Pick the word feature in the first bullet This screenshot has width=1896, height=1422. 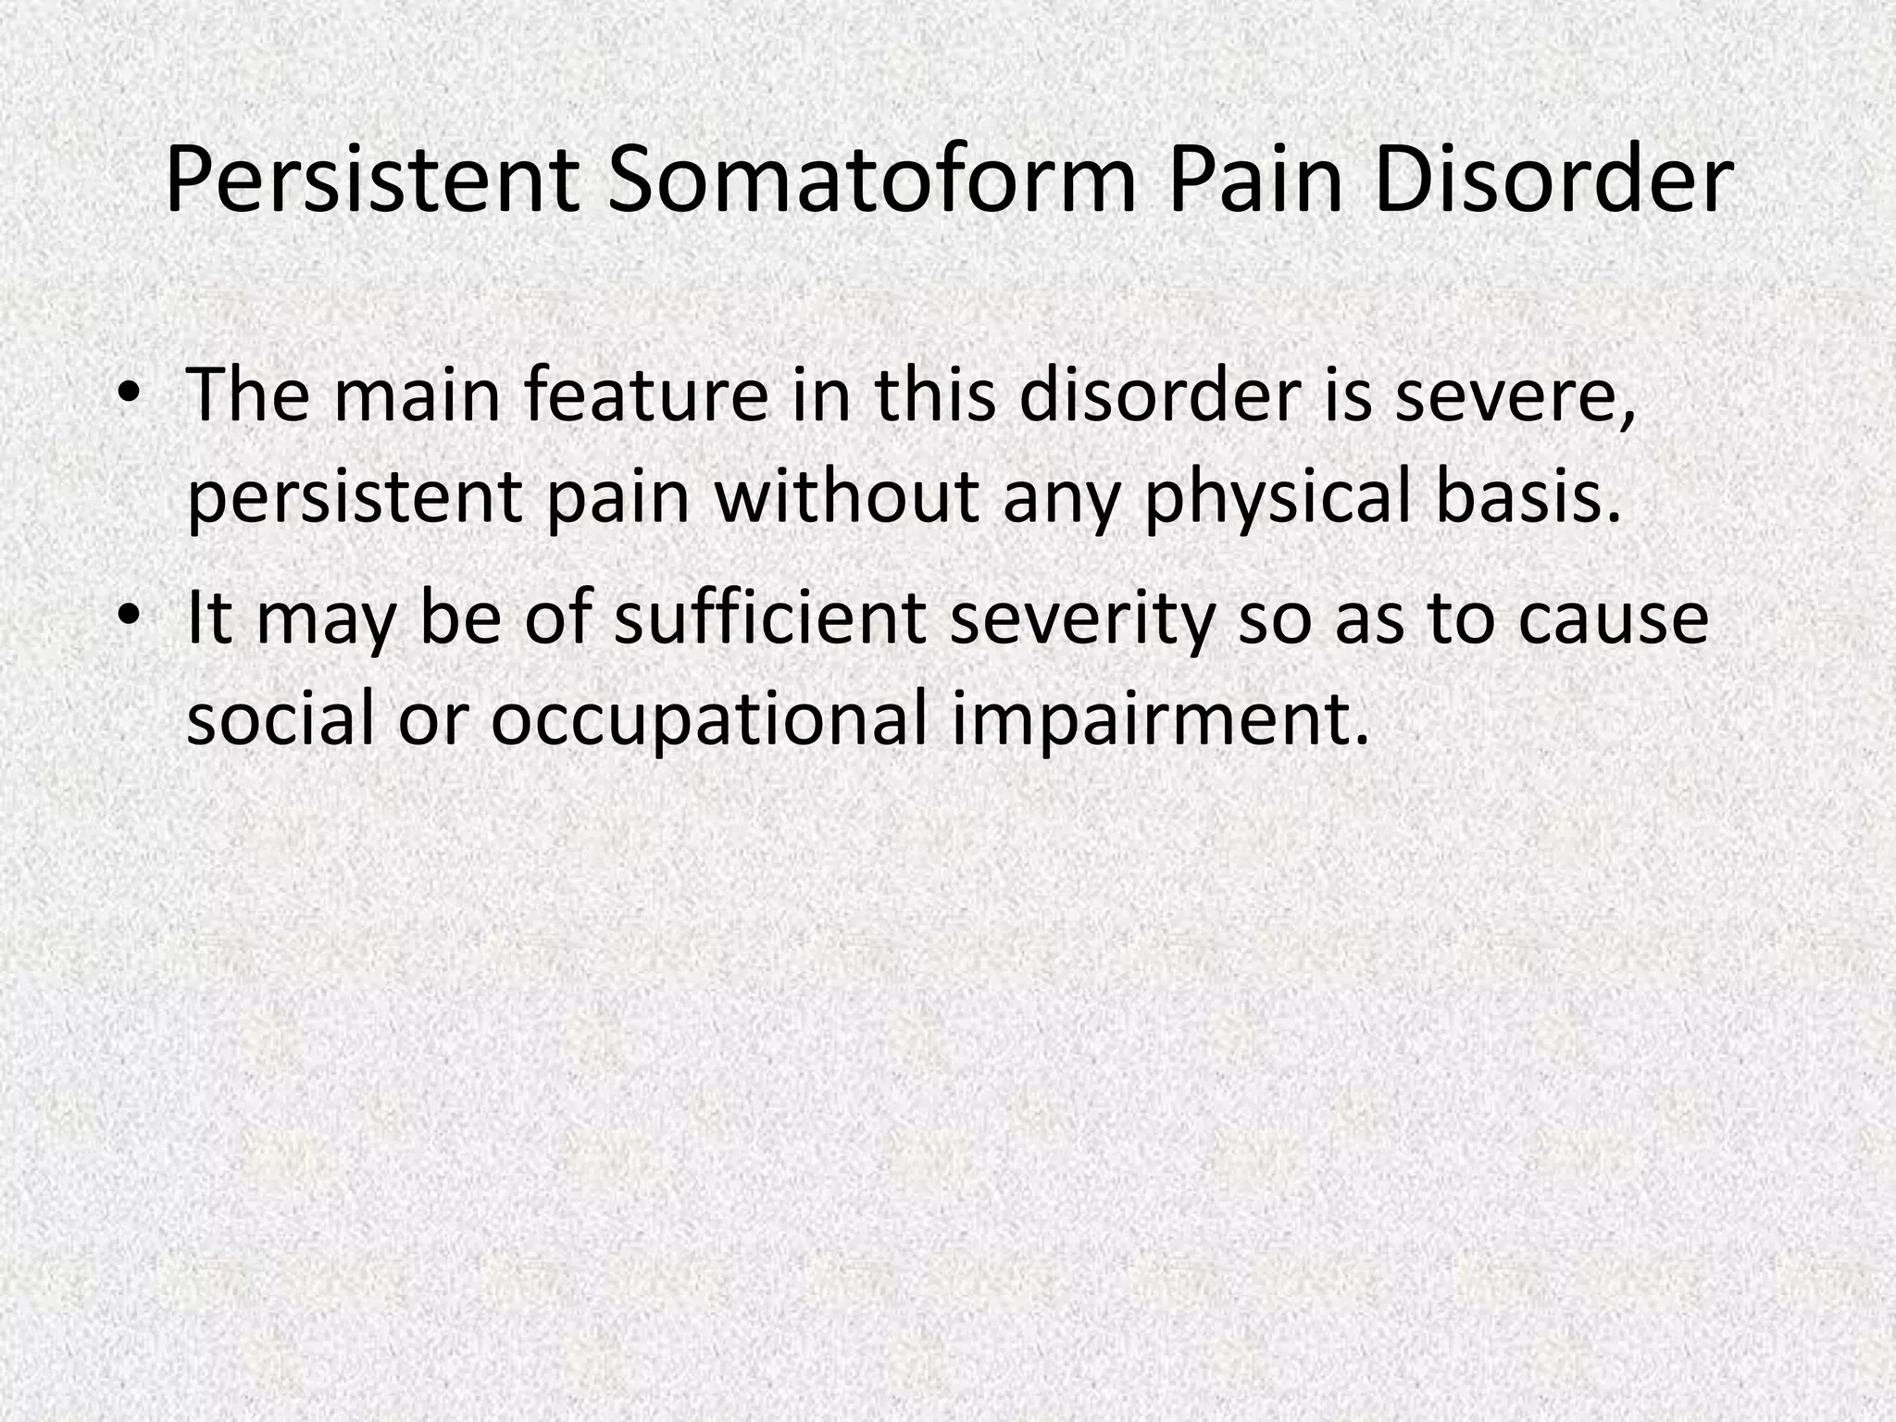click(645, 394)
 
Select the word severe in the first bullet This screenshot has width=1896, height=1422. click(1514, 394)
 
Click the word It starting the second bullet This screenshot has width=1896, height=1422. click(210, 617)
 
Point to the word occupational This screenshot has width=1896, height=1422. click(708, 720)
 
